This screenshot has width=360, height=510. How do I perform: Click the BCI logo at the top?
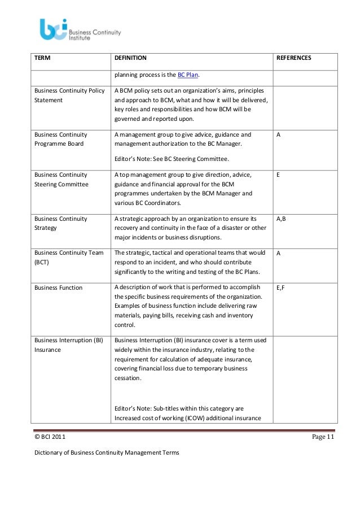80,29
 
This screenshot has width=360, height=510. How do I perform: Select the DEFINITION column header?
130,58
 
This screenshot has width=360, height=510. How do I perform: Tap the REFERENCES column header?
293,58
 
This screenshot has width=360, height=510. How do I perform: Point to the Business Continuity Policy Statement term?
69,95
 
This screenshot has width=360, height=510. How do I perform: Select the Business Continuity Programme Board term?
61,140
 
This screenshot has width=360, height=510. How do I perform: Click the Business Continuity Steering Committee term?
62,180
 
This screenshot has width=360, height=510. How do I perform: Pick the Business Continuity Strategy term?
61,223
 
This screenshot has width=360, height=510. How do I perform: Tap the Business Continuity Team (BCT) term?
69,258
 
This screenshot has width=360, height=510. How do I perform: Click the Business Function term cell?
59,288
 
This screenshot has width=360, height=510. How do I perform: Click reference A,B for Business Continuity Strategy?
281,219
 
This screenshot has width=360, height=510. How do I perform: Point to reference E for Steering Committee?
278,176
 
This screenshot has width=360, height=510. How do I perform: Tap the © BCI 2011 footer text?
53,438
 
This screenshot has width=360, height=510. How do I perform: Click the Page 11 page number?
323,438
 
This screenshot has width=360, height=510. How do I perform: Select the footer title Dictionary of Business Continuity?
107,453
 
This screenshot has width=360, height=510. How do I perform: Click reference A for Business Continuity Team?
278,253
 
